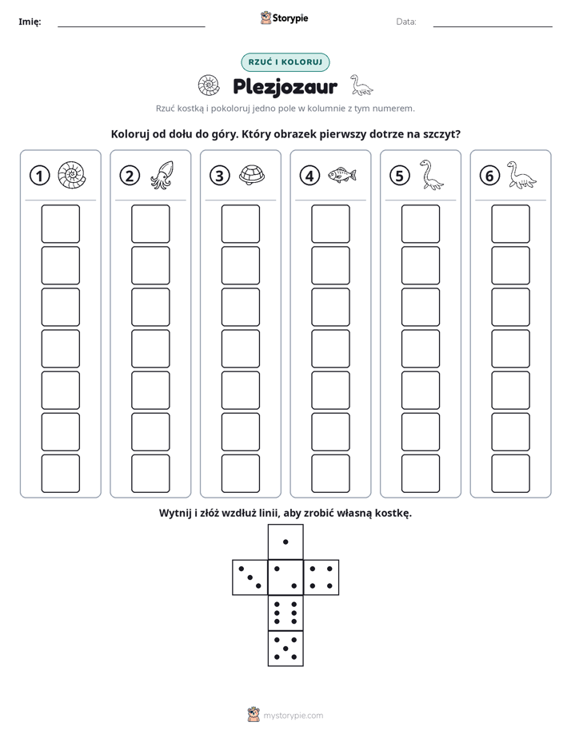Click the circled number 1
point(39,176)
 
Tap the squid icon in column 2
point(162,175)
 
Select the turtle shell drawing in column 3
point(252,175)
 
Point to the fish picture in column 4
point(342,175)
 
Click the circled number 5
point(400,176)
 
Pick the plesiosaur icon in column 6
point(521,175)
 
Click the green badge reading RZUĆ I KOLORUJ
point(285,62)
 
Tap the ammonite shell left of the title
point(209,85)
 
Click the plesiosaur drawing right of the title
point(361,85)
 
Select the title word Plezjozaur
point(285,87)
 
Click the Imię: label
point(30,22)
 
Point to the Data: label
point(406,22)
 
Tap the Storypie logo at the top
point(284,18)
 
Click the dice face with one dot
point(285,542)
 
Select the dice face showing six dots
point(285,613)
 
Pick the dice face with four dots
point(321,577)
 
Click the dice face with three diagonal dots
point(250,577)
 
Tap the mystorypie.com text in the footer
point(293,716)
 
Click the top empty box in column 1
point(60,224)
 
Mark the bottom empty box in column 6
point(511,474)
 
